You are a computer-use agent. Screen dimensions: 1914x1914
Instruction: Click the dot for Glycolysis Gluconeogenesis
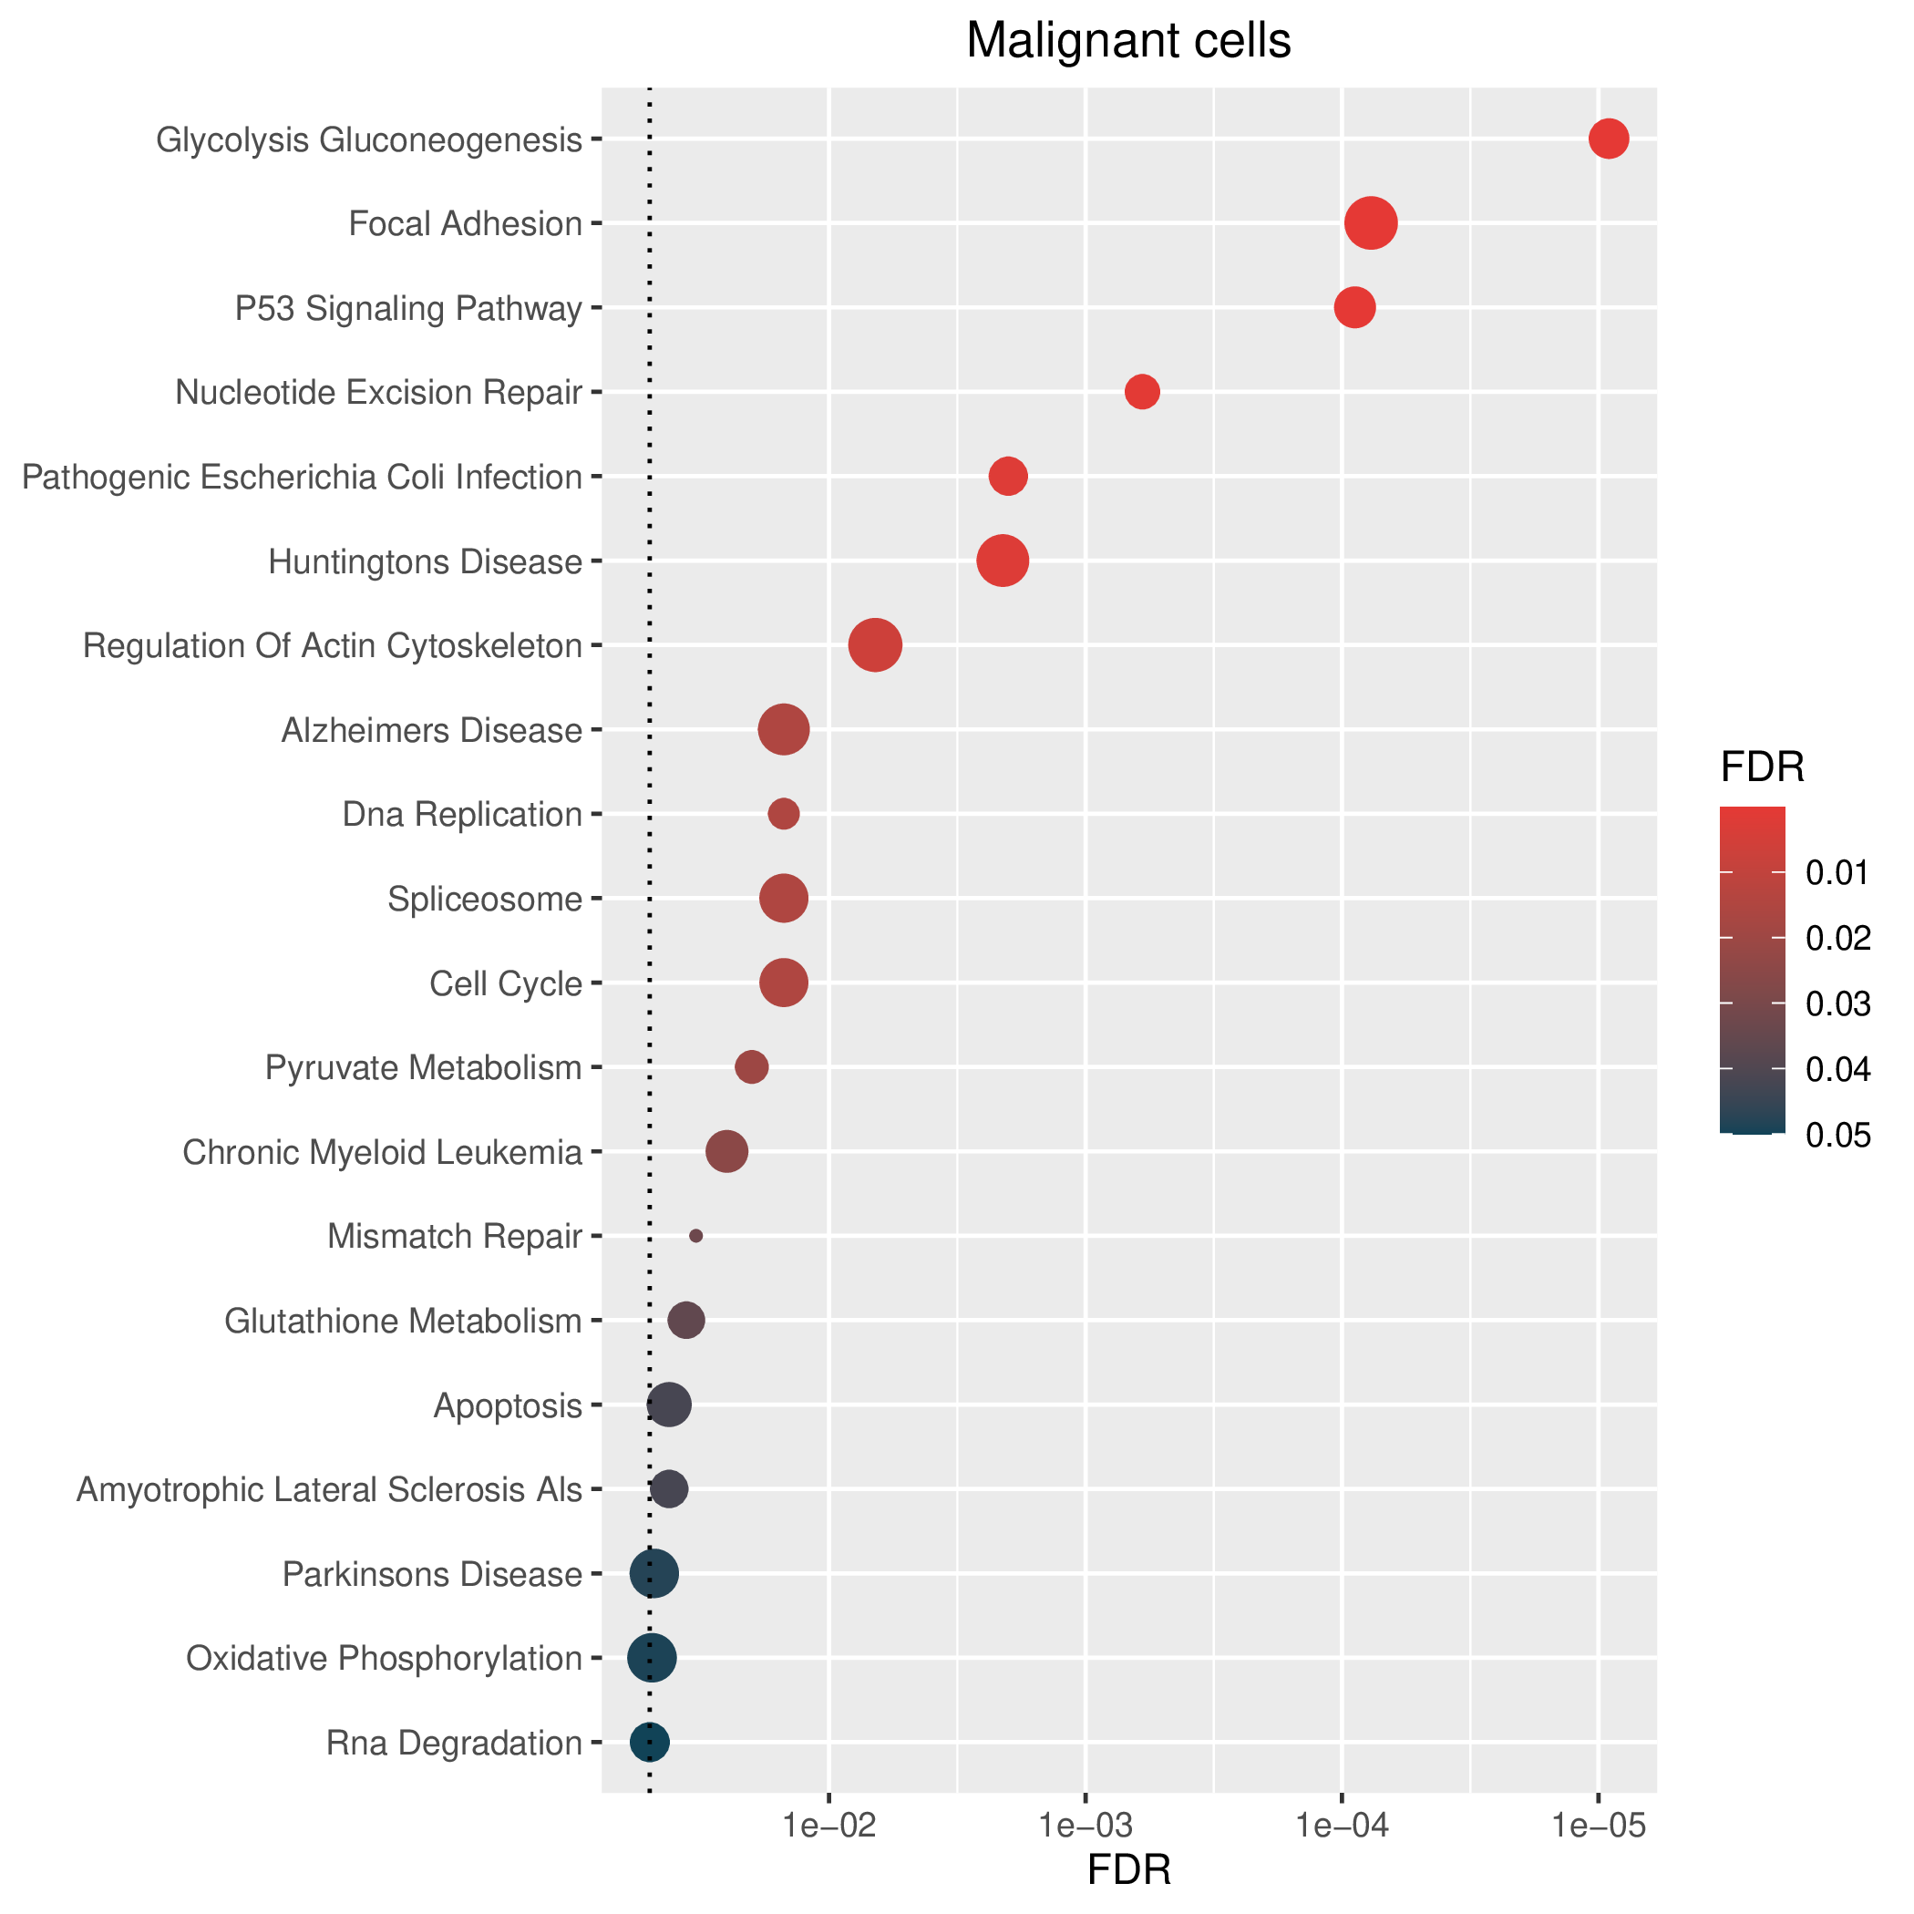coord(1609,139)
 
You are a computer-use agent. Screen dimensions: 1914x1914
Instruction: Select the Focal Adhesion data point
coord(1371,223)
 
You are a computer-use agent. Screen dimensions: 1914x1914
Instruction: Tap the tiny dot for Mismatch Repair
coord(696,1235)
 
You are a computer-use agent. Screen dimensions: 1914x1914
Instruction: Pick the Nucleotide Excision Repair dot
coord(1142,392)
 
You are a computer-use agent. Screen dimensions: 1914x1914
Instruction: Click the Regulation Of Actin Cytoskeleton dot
coord(875,645)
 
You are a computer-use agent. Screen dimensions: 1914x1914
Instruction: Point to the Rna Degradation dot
coord(650,1742)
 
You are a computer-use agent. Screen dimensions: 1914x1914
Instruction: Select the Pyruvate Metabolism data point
coord(751,1067)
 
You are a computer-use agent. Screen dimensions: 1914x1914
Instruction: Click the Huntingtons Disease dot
coord(1003,561)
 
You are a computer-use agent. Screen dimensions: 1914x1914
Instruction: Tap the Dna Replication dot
coord(784,814)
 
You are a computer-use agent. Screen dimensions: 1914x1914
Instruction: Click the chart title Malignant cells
coord(1128,42)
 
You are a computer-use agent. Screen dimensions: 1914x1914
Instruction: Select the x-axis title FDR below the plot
coord(1129,1869)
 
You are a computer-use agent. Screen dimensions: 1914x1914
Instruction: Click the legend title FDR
coord(1763,767)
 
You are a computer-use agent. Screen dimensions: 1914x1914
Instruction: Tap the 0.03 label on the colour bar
coord(1838,1004)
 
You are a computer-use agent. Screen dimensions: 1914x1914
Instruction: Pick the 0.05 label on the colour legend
coord(1838,1136)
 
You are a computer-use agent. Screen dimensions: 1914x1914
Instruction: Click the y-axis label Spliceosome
coord(485,900)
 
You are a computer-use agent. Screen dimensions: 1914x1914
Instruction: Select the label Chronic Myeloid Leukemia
coord(383,1152)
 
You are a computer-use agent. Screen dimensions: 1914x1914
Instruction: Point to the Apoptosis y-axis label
coord(509,1405)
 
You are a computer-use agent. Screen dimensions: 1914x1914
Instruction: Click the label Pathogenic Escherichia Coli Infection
coord(303,478)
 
